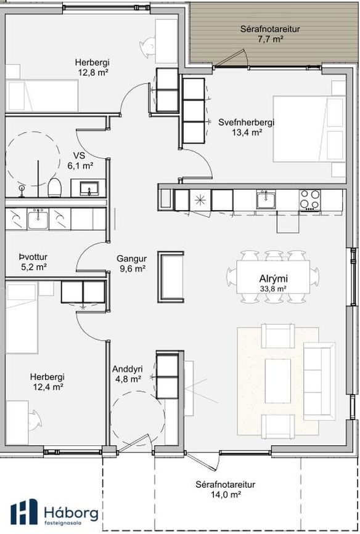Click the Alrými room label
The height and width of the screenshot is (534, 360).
273,279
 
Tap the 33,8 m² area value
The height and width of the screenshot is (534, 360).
272,289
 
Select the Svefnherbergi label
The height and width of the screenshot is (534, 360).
246,123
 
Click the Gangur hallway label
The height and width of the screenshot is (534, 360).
131,259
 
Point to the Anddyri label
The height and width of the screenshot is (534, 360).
128,369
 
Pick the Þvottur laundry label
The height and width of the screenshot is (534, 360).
33,257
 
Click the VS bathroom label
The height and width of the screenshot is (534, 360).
79,156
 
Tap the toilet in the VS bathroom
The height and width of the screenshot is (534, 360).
54,187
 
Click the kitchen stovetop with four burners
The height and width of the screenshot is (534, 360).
309,200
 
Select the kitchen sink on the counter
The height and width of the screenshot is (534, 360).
267,200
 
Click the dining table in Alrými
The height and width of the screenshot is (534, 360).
274,277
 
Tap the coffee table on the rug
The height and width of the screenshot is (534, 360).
278,381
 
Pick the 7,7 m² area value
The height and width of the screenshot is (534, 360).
271,39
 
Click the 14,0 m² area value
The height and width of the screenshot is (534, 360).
226,494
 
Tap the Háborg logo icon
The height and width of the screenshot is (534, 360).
24,511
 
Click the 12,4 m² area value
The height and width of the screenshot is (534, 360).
47,387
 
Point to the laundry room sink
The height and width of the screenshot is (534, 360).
38,219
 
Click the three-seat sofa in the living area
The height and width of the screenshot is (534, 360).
319,381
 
